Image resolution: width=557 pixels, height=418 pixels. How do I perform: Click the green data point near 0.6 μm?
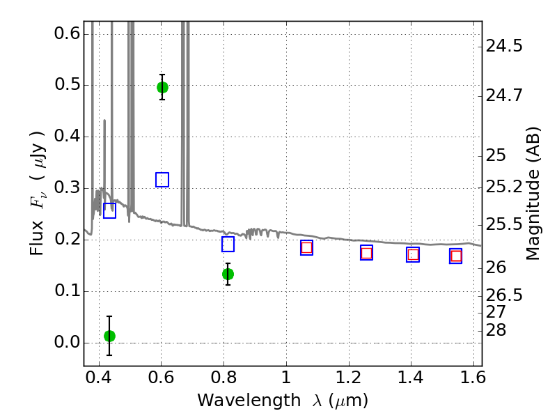[x=162, y=87]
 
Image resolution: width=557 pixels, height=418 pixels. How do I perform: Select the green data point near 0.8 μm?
[x=228, y=274]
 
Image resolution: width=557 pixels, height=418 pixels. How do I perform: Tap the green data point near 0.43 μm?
[x=110, y=336]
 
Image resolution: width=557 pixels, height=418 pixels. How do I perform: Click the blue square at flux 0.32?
[x=162, y=180]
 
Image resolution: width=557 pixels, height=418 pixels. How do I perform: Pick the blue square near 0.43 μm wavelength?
[x=110, y=211]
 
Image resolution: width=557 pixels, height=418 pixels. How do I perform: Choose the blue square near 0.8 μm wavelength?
[x=228, y=245]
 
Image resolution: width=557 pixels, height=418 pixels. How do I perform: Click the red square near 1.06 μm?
[x=306, y=247]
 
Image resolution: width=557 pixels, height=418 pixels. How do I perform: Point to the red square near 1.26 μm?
[x=367, y=253]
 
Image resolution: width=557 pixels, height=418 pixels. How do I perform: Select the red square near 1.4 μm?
[x=413, y=254]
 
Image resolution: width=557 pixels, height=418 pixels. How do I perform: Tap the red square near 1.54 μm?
[x=456, y=256]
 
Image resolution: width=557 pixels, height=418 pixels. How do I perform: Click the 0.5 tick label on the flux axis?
[x=67, y=85]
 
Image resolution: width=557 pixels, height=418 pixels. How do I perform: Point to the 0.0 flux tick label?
[x=67, y=343]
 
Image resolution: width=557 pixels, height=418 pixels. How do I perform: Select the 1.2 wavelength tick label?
[x=349, y=378]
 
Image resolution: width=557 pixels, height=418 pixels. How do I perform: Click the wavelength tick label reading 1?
[x=286, y=378]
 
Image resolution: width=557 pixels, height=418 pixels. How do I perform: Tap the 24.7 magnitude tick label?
[x=503, y=96]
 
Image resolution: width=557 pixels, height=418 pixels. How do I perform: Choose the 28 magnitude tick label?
[x=496, y=330]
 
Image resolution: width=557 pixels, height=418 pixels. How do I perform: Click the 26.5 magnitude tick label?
[x=503, y=295]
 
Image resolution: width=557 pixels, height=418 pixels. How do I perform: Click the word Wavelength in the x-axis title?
[x=249, y=401]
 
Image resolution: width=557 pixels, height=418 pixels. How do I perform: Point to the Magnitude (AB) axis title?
[x=532, y=194]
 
